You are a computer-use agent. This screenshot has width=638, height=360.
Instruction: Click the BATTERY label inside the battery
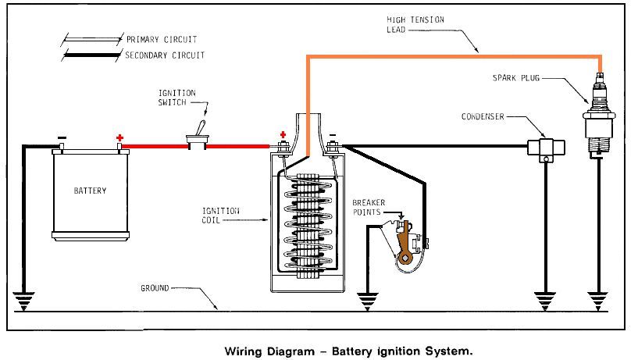click(90, 191)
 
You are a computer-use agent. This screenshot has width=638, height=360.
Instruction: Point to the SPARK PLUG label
click(516, 77)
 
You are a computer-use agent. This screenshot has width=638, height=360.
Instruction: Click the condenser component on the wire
click(544, 148)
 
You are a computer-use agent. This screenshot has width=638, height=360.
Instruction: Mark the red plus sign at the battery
click(120, 138)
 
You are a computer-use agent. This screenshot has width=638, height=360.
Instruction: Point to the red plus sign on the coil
click(282, 134)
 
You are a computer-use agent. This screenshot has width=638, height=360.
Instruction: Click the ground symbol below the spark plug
click(598, 299)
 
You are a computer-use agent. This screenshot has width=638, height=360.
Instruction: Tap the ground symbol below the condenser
click(544, 299)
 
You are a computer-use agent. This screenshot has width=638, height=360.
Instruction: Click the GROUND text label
click(155, 288)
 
